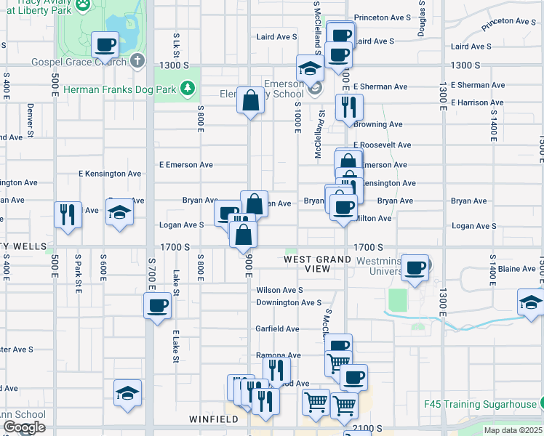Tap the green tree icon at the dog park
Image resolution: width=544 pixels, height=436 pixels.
click(x=188, y=89)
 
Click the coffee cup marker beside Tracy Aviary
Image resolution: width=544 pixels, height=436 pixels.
click(x=105, y=44)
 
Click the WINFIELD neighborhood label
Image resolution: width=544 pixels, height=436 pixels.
click(x=214, y=419)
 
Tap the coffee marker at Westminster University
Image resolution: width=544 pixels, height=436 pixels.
click(x=415, y=267)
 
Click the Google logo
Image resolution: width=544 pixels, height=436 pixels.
click(x=24, y=427)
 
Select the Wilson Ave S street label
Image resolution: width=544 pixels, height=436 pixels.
click(x=279, y=290)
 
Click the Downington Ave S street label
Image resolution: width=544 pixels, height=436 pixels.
click(x=288, y=302)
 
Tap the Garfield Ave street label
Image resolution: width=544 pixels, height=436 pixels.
click(x=277, y=328)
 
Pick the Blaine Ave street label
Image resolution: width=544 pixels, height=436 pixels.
click(x=518, y=269)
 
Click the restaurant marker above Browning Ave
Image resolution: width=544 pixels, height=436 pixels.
click(x=349, y=107)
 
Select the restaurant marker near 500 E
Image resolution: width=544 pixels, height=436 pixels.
click(x=68, y=214)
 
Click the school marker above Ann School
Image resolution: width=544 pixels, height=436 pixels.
click(x=127, y=393)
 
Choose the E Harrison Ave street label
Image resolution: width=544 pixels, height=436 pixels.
click(x=481, y=102)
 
